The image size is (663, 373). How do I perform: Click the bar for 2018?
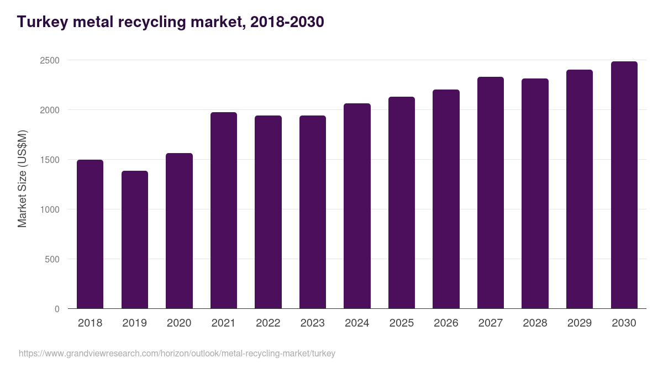click(x=90, y=234)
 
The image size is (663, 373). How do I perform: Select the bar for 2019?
click(x=135, y=240)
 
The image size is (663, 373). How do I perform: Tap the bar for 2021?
click(x=224, y=211)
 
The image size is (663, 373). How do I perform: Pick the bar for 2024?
click(x=357, y=206)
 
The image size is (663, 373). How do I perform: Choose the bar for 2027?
click(x=491, y=193)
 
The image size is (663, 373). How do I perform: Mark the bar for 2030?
click(x=624, y=185)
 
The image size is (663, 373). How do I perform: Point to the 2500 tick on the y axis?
click(x=49, y=60)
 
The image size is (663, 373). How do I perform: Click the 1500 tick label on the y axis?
click(x=49, y=160)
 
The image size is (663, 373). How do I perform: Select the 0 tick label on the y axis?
click(x=57, y=309)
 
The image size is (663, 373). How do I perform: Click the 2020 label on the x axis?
click(x=179, y=323)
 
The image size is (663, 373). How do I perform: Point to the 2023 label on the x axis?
click(x=313, y=323)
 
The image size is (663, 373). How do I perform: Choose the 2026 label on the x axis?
click(x=446, y=323)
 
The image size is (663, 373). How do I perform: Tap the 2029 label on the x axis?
click(x=580, y=323)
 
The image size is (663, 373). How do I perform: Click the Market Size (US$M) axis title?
click(x=22, y=178)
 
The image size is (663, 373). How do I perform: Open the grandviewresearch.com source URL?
click(x=177, y=354)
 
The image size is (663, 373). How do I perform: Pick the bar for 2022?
click(x=268, y=212)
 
